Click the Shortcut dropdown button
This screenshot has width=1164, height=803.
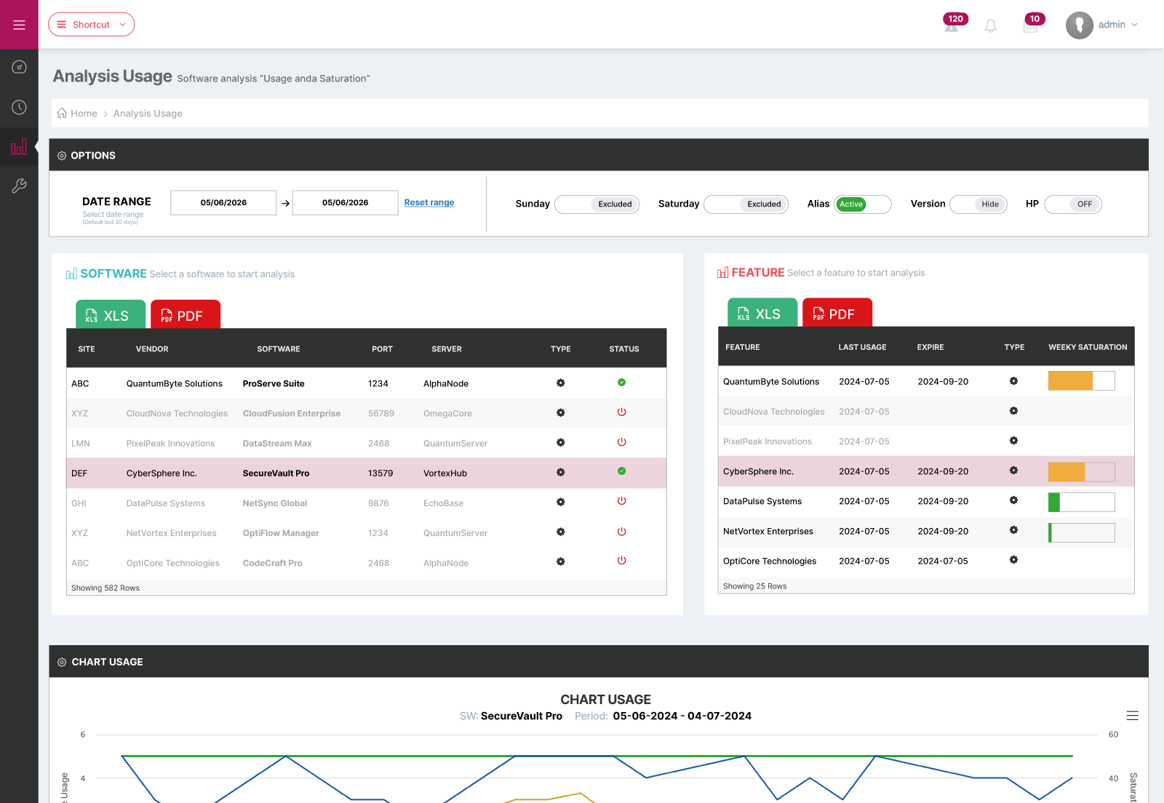tap(91, 25)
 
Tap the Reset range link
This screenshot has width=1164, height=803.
tap(428, 202)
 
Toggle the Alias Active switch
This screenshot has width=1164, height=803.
tap(862, 204)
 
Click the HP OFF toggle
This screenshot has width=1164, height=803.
tap(1072, 204)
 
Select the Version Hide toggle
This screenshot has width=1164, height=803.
tap(978, 204)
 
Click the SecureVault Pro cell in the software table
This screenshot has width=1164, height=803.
tap(276, 474)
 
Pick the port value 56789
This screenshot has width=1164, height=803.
tap(381, 413)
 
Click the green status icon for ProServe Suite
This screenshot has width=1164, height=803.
tap(621, 383)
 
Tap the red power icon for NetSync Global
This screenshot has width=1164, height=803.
tap(621, 501)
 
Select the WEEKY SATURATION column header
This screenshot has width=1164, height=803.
tap(1088, 347)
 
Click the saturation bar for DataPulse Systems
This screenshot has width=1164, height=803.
tap(1081, 503)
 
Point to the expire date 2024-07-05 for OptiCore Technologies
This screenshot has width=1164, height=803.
tap(943, 561)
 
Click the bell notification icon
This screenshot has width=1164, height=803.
tap(991, 25)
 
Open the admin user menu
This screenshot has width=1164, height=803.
tap(1102, 25)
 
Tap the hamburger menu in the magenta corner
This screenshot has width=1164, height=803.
tap(19, 25)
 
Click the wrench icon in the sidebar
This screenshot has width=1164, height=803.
tap(19, 185)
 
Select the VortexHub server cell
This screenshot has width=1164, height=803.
tap(445, 474)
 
